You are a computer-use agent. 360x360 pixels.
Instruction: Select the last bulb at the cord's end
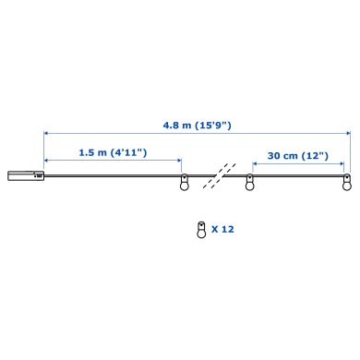click(347, 183)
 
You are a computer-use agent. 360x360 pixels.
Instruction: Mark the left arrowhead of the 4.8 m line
click(45, 134)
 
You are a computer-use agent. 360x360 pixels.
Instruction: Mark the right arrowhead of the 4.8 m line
click(348, 134)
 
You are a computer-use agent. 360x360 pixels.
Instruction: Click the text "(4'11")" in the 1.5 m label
click(126, 151)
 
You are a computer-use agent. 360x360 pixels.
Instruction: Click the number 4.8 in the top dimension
click(167, 124)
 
